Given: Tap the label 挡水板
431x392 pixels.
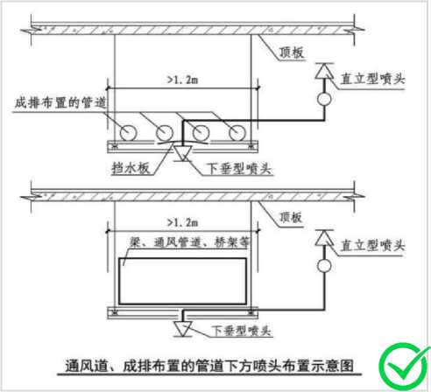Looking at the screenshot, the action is (x=131, y=168).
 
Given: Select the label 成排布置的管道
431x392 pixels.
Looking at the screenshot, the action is (x=60, y=102).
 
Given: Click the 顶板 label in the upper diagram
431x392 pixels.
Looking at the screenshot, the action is (x=292, y=52).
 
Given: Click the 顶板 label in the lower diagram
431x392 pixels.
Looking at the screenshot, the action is (x=291, y=217).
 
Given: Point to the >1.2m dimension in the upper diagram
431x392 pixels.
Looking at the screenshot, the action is (x=183, y=80).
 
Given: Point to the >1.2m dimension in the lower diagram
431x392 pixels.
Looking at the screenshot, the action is (x=183, y=223).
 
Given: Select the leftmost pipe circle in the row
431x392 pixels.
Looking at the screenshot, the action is (x=128, y=133).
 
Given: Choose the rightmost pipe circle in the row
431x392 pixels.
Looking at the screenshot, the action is (x=237, y=133).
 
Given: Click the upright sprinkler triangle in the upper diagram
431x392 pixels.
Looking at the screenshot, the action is (x=324, y=72).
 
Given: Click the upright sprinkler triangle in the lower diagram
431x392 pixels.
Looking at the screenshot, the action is (x=324, y=237).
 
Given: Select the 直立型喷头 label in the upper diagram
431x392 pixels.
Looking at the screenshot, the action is (x=373, y=79).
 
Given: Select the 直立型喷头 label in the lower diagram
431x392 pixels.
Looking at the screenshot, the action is (x=373, y=245).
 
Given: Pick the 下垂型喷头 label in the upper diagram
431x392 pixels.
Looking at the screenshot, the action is (x=239, y=168).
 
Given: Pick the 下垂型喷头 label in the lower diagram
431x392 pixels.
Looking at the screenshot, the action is (x=241, y=331).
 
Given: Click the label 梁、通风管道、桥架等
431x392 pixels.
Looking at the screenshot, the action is (x=189, y=242).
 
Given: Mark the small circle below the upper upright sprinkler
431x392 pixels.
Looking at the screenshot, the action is (x=324, y=99).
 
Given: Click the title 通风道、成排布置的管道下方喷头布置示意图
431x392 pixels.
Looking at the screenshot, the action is (x=209, y=366).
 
